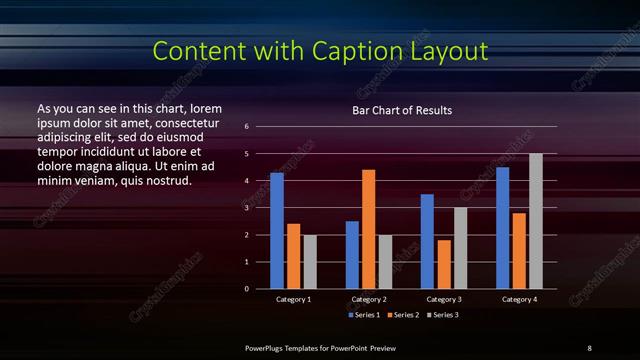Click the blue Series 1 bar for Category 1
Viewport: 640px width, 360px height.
(x=277, y=231)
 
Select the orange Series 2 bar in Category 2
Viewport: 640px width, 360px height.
(x=369, y=229)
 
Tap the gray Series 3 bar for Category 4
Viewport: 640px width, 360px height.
(x=536, y=221)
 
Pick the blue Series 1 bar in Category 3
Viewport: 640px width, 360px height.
(x=427, y=241)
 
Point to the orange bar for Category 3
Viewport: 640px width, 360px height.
(x=444, y=264)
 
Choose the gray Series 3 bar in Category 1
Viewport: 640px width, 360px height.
(x=310, y=262)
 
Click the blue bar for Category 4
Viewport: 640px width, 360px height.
(x=502, y=228)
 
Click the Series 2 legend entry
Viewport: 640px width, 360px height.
(x=404, y=315)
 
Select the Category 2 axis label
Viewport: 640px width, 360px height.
(x=369, y=299)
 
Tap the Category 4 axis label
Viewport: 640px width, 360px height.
(x=519, y=299)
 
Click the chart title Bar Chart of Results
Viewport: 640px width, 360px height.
(x=402, y=110)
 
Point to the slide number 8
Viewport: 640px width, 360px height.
(x=589, y=347)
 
